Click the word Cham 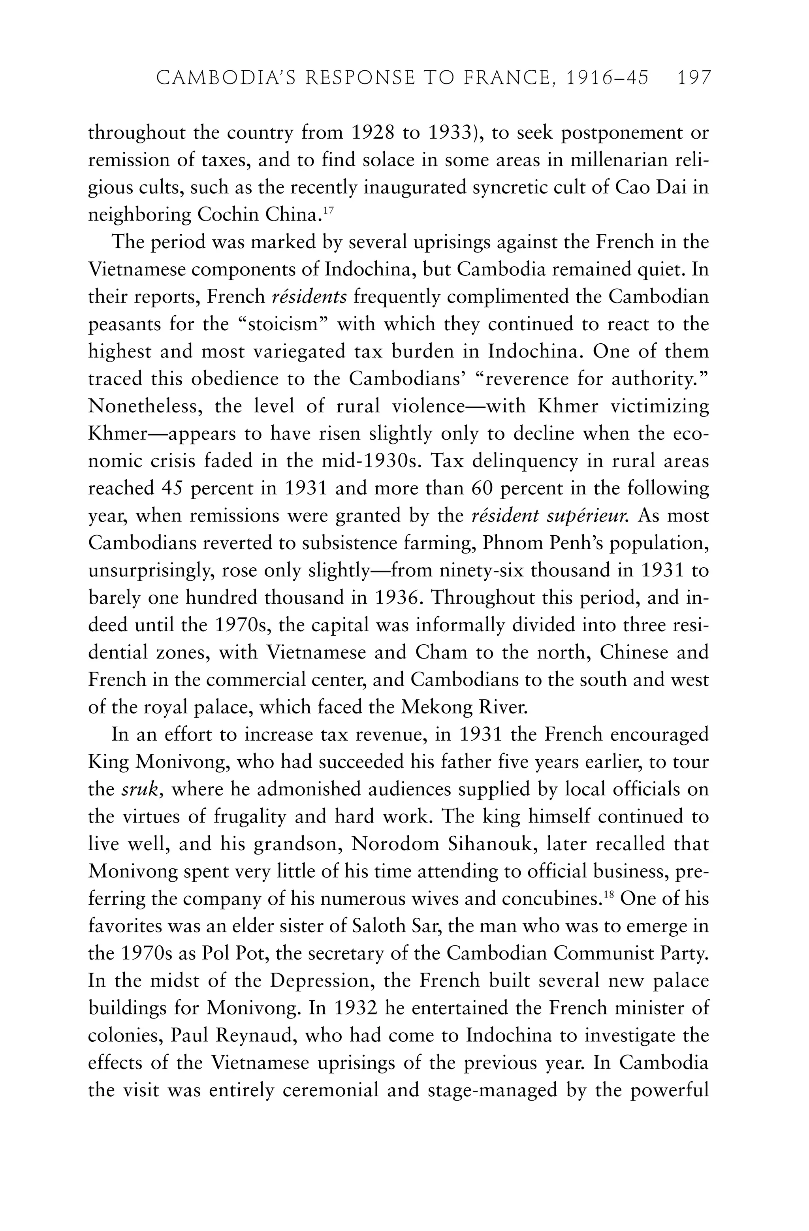coord(441,653)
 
